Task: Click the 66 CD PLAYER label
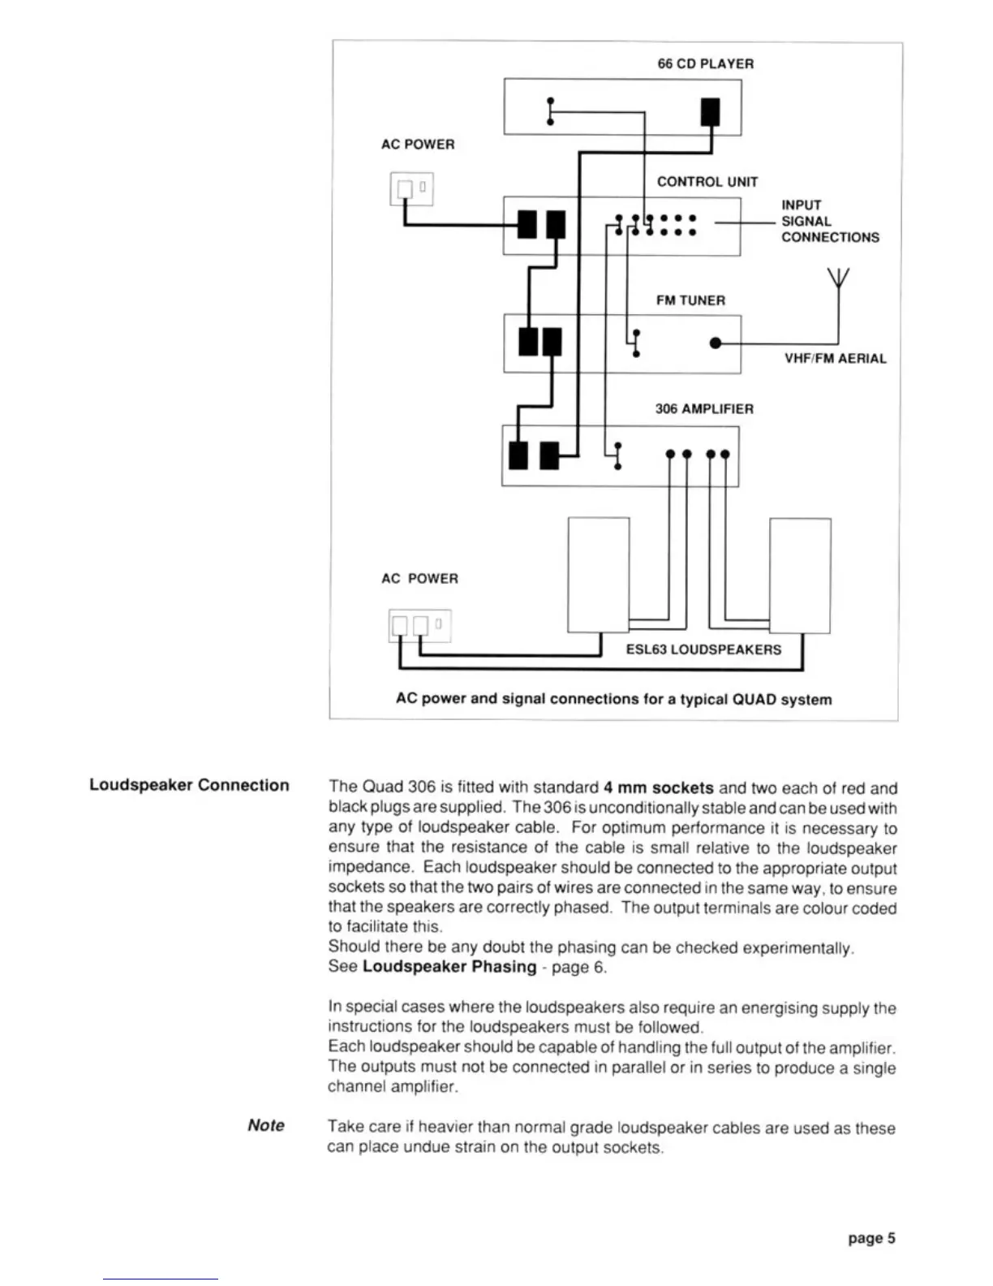click(705, 63)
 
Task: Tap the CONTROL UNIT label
click(707, 181)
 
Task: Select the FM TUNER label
click(690, 300)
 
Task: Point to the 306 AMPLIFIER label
click(704, 408)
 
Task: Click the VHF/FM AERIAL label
click(835, 358)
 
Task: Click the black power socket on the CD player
click(710, 111)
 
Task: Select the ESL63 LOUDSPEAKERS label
click(703, 649)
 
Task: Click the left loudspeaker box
click(599, 574)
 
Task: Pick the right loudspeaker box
click(800, 575)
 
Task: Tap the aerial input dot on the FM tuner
click(715, 343)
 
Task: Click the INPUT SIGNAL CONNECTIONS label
click(829, 221)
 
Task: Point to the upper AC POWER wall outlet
click(411, 189)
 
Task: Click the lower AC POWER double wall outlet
click(419, 625)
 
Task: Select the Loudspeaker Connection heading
click(189, 785)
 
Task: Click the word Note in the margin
click(266, 1125)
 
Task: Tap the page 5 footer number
click(871, 1238)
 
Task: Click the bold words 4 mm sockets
click(658, 788)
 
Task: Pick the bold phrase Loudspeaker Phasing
click(449, 967)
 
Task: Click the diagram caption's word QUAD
click(754, 699)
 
